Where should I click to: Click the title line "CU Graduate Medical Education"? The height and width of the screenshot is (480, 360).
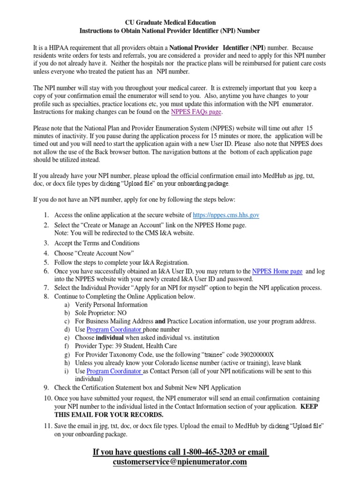[x=170, y=22]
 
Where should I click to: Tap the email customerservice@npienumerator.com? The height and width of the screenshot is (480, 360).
[x=180, y=462]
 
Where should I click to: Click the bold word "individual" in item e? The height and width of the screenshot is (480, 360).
[x=110, y=337]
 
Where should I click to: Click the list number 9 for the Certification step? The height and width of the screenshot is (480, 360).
[x=46, y=388]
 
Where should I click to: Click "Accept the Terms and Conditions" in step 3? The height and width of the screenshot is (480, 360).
[x=97, y=243]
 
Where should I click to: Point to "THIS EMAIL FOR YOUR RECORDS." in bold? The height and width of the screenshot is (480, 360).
[x=109, y=415]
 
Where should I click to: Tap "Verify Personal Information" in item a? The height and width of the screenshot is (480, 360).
[x=101, y=305]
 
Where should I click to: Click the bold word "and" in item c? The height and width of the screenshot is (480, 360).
[x=160, y=321]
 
